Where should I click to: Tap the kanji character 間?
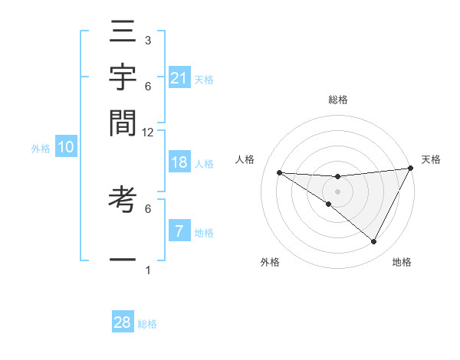coord(123,122)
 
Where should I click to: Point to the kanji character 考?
coord(123,198)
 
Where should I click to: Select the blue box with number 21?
coord(179,78)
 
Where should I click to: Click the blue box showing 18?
coord(179,162)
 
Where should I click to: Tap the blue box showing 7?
coord(179,231)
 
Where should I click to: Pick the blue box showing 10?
coord(66,148)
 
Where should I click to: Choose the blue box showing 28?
coord(123,322)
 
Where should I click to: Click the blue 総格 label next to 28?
coord(148,324)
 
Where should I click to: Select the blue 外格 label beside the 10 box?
coord(41,149)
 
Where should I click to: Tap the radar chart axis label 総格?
coord(338,100)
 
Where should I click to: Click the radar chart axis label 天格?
coord(431,159)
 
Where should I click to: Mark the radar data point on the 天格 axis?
coord(410,168)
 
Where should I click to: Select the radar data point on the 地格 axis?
coord(374,242)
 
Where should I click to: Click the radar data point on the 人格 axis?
coord(279,172)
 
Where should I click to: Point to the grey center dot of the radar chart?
coord(337,191)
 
